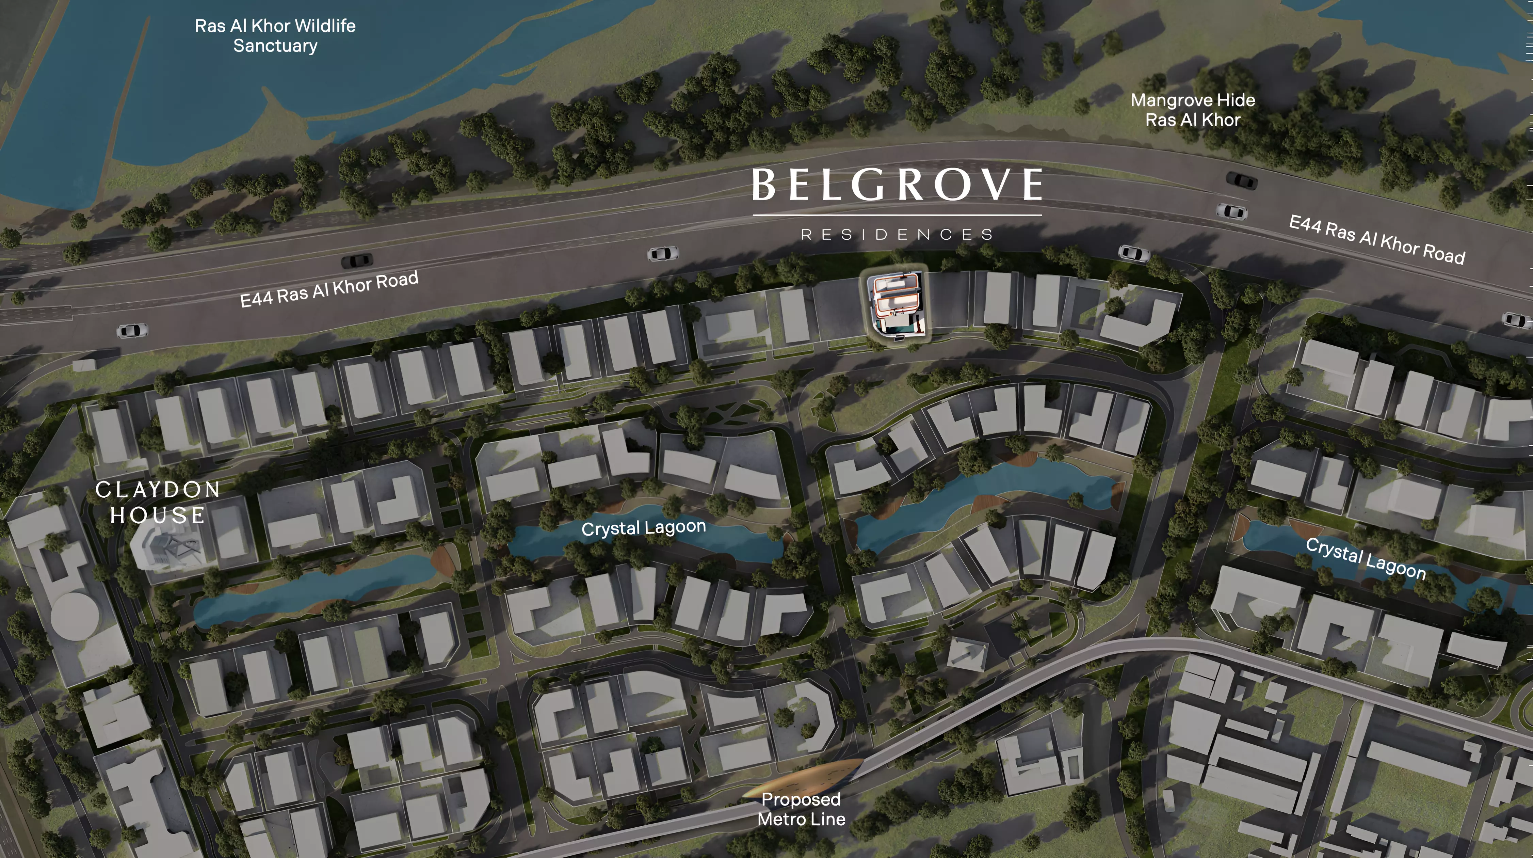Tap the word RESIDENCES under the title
[x=897, y=235]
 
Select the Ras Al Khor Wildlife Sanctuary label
[x=275, y=36]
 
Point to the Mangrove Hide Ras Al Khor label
[x=1193, y=110]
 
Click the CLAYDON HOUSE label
[x=158, y=502]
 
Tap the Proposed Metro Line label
[x=801, y=809]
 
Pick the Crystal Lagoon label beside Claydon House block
[x=643, y=527]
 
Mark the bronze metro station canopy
[x=803, y=777]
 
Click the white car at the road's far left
[x=132, y=331]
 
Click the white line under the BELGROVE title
[x=897, y=215]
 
